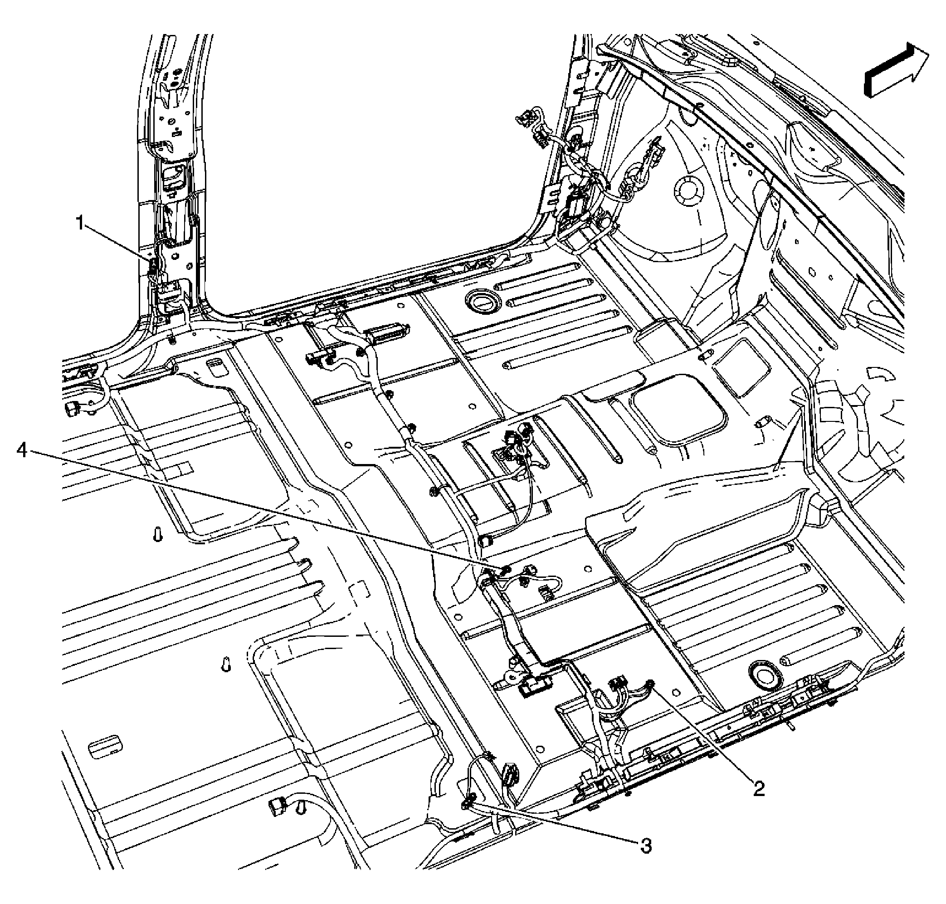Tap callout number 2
coord(759,789)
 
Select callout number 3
coord(646,845)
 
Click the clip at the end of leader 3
coord(467,802)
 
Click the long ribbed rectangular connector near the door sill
coord(387,332)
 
